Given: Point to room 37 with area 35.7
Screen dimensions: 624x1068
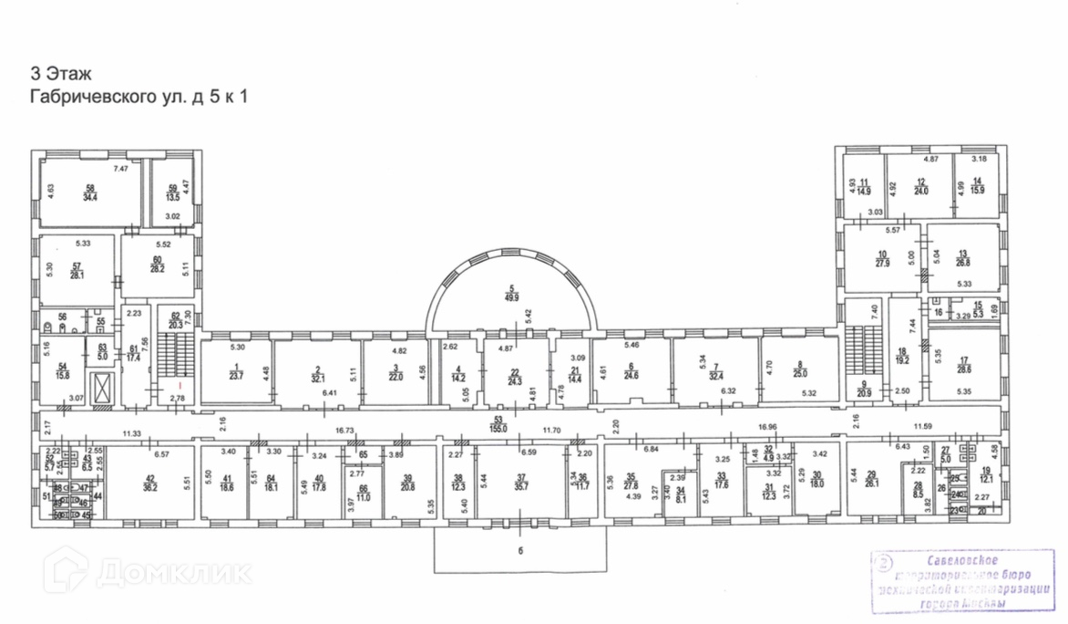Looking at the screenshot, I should click(520, 484).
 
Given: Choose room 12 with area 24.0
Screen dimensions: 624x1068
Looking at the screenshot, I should click(920, 186).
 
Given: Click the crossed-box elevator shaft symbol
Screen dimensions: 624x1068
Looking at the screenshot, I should click(101, 387).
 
